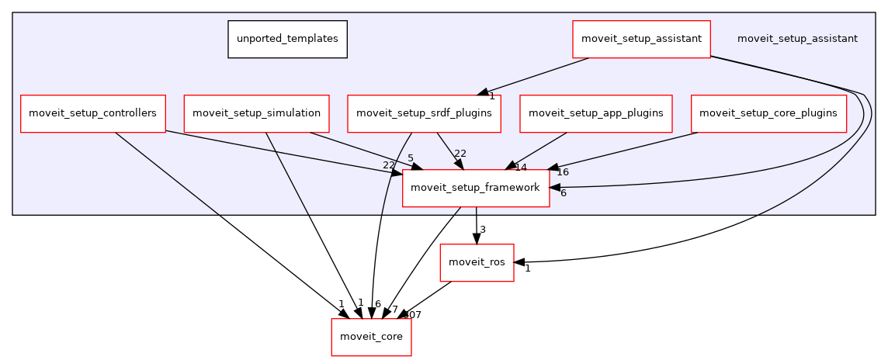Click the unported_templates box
287,39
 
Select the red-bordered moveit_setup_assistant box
641,39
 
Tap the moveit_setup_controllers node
92,113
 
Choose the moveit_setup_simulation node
256,113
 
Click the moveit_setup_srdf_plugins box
424,113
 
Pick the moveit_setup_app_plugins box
595,113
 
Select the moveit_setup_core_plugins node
768,113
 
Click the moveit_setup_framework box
475,188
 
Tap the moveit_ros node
477,262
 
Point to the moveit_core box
371,337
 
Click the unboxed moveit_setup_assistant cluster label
797,39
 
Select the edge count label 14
521,168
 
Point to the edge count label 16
563,172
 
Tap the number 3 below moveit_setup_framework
482,230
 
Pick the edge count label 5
410,158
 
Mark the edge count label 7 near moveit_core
394,310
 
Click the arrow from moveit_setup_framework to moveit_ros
476,225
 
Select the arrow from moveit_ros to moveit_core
427,299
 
